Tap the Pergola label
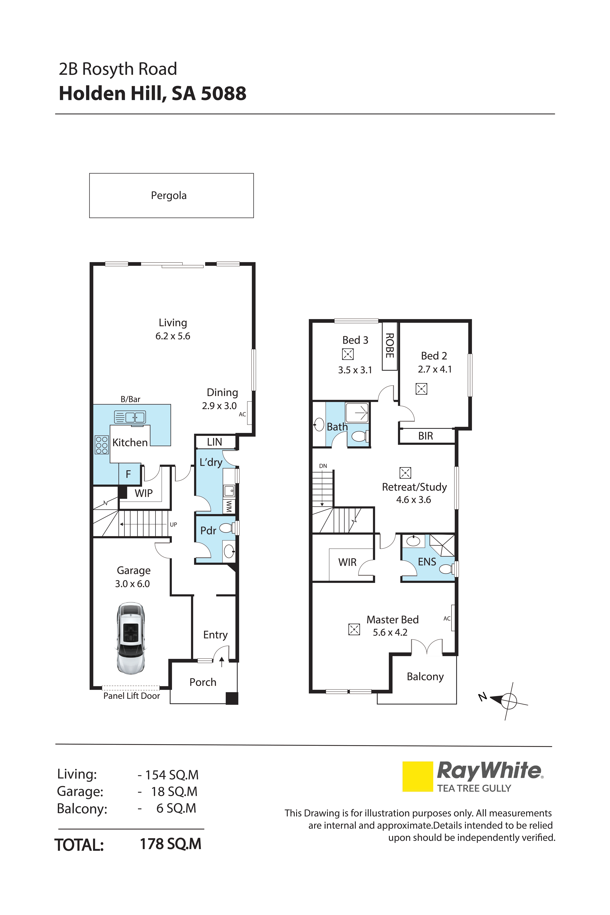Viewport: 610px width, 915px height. pyautogui.click(x=169, y=195)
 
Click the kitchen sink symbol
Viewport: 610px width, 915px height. pyautogui.click(x=130, y=417)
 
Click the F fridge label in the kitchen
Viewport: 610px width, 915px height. pyautogui.click(x=128, y=474)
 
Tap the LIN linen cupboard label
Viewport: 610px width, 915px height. pyautogui.click(x=215, y=442)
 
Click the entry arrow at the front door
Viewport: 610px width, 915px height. pyautogui.click(x=222, y=662)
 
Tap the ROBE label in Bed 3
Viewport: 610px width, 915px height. pyautogui.click(x=389, y=345)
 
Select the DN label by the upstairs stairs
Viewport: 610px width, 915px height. pyautogui.click(x=323, y=466)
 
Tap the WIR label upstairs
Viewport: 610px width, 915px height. pyautogui.click(x=347, y=562)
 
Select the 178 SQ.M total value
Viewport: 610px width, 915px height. pyautogui.click(x=170, y=844)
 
